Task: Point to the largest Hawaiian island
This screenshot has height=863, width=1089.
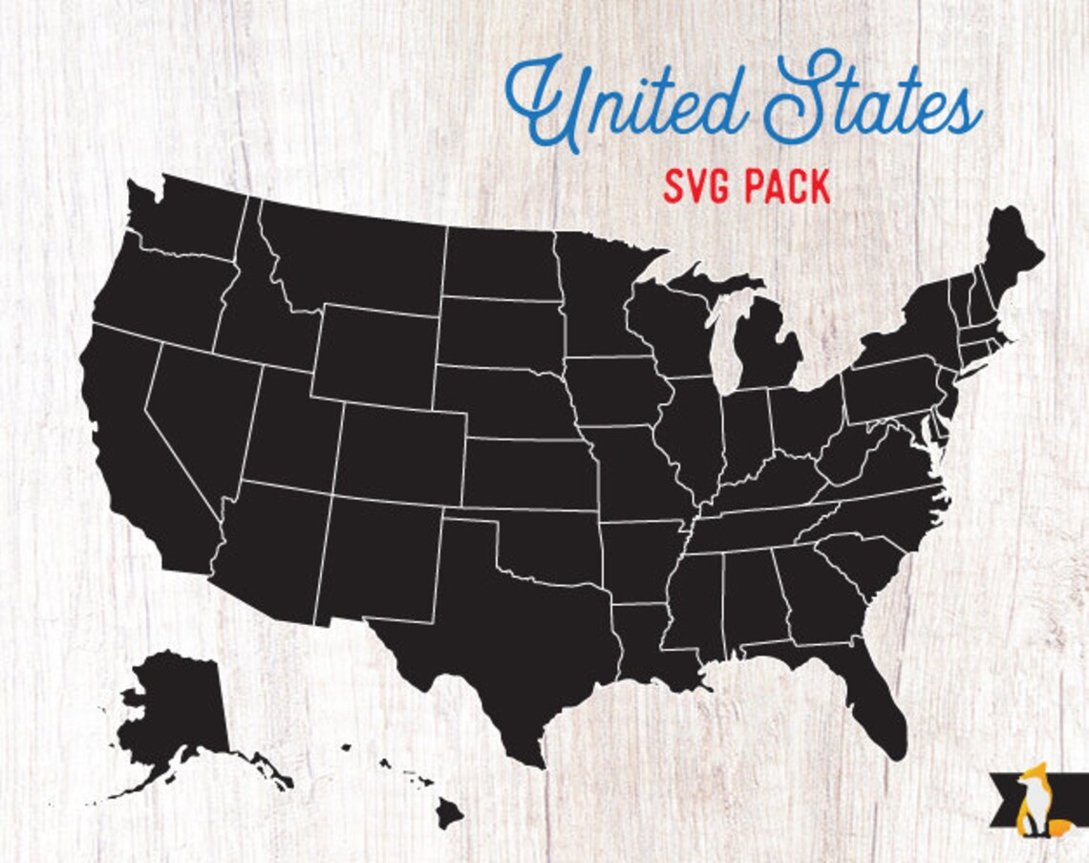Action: [x=449, y=814]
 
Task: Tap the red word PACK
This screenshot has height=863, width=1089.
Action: [x=788, y=187]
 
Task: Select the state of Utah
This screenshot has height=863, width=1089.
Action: [x=291, y=430]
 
